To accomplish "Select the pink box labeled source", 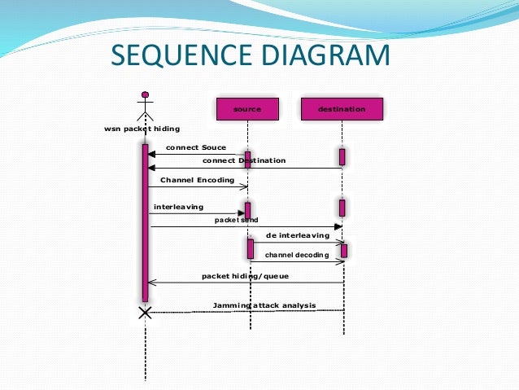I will [247, 108].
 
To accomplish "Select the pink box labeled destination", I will [342, 108].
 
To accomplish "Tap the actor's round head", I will [146, 94].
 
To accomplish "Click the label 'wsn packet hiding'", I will [142, 129].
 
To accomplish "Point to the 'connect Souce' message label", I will [196, 147].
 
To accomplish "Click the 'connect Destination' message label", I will [244, 160].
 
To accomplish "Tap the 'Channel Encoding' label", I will [198, 179].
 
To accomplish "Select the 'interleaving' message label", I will [179, 207].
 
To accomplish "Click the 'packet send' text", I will [236, 220].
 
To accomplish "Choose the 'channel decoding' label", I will [297, 255].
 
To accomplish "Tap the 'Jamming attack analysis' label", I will [264, 305].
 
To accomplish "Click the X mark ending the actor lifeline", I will [146, 313].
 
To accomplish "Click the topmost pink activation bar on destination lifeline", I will [342, 156].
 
